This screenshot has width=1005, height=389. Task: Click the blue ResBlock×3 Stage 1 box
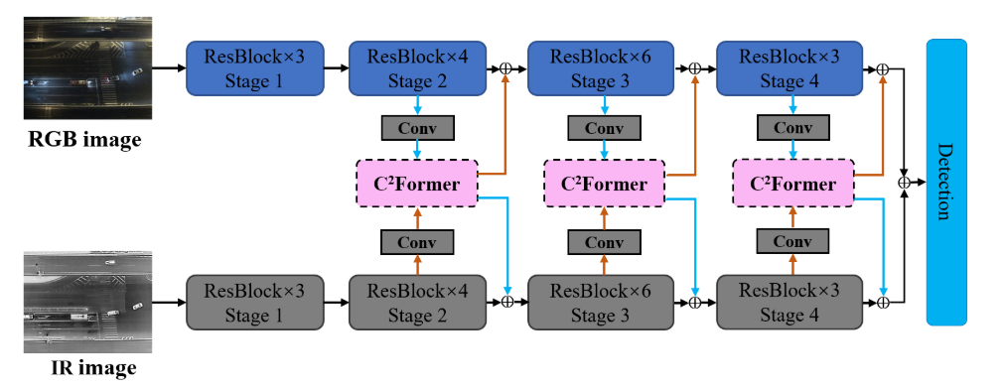pyautogui.click(x=255, y=68)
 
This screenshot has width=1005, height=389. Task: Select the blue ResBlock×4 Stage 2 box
pyautogui.click(x=418, y=68)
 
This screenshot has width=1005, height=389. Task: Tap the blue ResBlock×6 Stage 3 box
pyautogui.click(x=601, y=68)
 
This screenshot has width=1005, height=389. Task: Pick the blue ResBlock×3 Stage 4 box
pyautogui.click(x=789, y=68)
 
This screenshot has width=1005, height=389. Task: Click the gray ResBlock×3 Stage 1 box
pyautogui.click(x=255, y=302)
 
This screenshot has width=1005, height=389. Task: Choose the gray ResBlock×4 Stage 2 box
pyautogui.click(x=418, y=302)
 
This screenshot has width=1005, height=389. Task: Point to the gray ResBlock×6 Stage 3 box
pyautogui.click(x=601, y=302)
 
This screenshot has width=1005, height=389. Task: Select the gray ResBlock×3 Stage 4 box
pyautogui.click(x=789, y=302)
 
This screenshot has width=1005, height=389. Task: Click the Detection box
pyautogui.click(x=946, y=182)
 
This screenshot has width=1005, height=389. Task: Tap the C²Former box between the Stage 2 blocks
pyautogui.click(x=417, y=184)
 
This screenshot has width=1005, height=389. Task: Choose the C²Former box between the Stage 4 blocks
pyautogui.click(x=792, y=184)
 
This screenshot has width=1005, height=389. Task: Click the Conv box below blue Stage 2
pyautogui.click(x=417, y=128)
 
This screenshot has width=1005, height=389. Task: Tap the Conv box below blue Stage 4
pyautogui.click(x=792, y=128)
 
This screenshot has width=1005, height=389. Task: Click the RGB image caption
pyautogui.click(x=84, y=138)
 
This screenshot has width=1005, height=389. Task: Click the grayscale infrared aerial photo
pyautogui.click(x=87, y=302)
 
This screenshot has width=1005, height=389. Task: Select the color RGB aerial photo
pyautogui.click(x=87, y=67)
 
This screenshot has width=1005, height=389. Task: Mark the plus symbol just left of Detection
pyautogui.click(x=905, y=182)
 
